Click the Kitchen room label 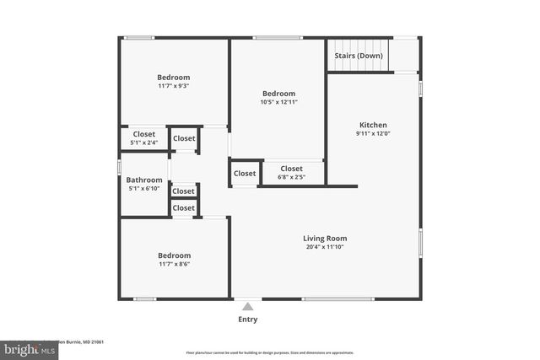pyautogui.click(x=373, y=124)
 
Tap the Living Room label pyautogui.click(x=325, y=238)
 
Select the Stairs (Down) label pyautogui.click(x=359, y=56)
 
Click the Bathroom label pyautogui.click(x=144, y=180)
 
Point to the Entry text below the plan pyautogui.click(x=247, y=320)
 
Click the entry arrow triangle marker pyautogui.click(x=247, y=307)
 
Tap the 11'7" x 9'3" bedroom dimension pyautogui.click(x=173, y=86)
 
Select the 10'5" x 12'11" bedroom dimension pyautogui.click(x=278, y=102)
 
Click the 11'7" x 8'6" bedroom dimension pyautogui.click(x=174, y=265)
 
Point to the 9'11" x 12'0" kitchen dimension pyautogui.click(x=373, y=133)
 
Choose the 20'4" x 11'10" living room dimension pyautogui.click(x=325, y=247)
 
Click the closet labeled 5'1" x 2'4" pyautogui.click(x=143, y=142)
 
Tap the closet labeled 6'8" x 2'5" pyautogui.click(x=291, y=177)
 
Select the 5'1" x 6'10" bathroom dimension pyautogui.click(x=144, y=189)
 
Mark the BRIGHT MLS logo pyautogui.click(x=26, y=348)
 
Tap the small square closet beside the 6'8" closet pyautogui.click(x=244, y=174)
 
